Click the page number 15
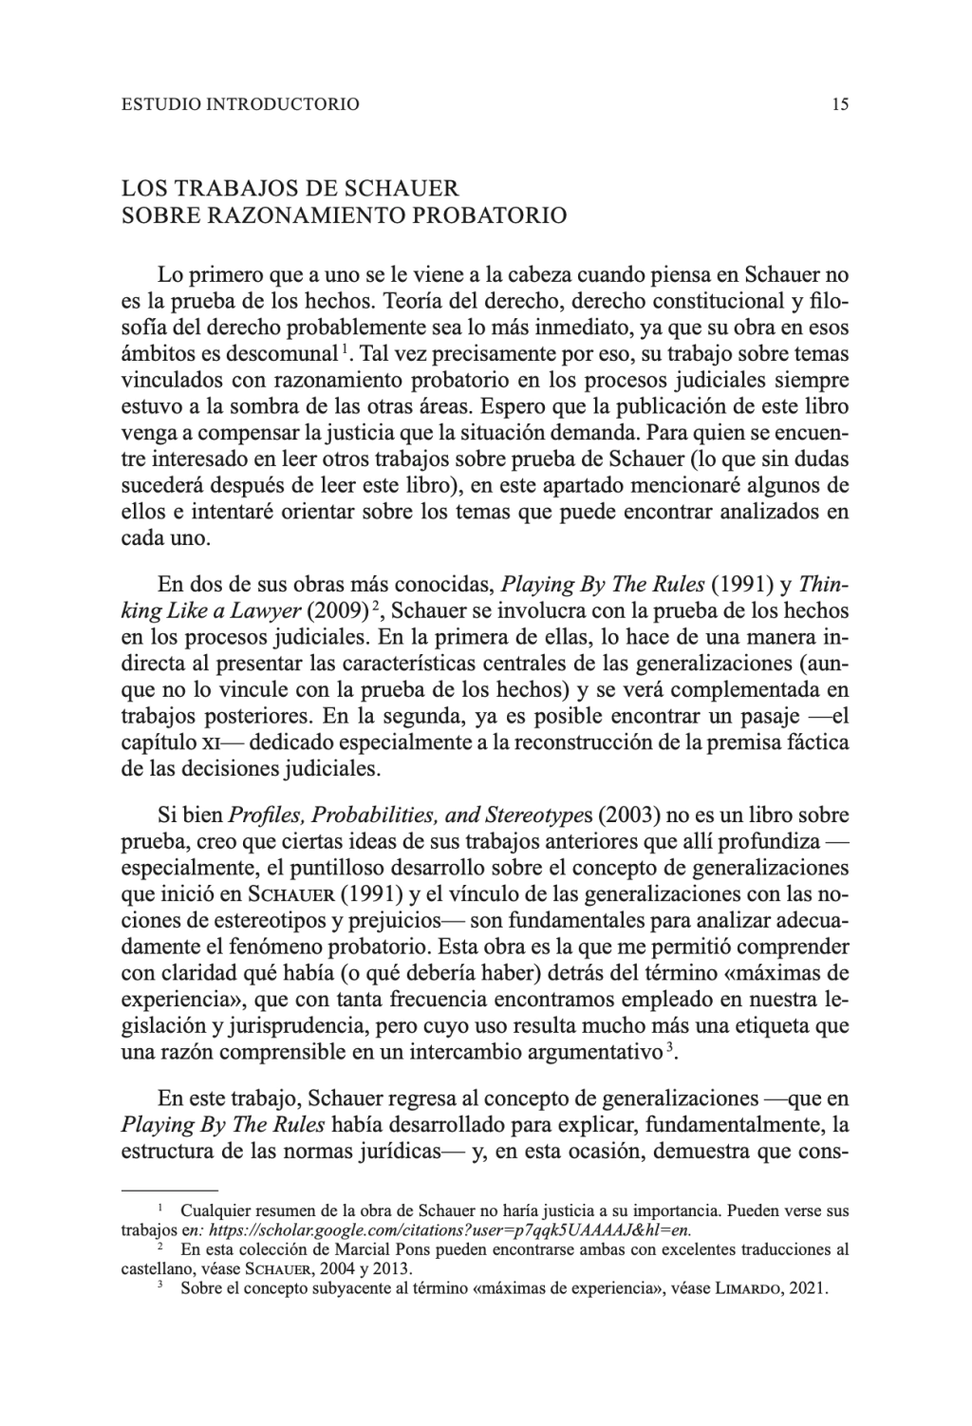[x=839, y=104]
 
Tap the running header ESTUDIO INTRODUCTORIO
[x=241, y=104]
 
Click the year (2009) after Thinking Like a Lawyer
[x=337, y=610]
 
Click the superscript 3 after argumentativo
[x=670, y=1047]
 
